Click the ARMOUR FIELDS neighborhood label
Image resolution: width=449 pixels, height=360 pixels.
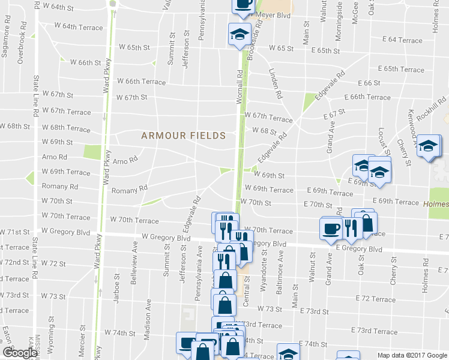coord(184,136)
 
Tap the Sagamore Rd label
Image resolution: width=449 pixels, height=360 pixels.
coord(5,44)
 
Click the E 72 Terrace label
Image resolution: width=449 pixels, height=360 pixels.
coord(375,299)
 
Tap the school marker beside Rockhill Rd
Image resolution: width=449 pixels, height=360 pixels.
coord(429,146)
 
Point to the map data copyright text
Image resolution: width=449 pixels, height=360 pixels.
coord(411,355)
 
